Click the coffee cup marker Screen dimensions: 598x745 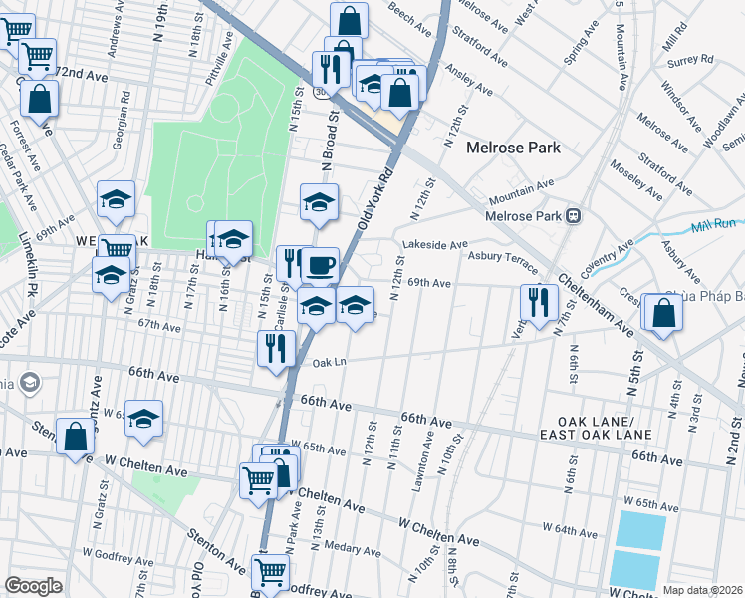click(x=320, y=266)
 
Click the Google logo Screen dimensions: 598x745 click(x=34, y=586)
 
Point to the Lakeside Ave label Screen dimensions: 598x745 click(x=434, y=244)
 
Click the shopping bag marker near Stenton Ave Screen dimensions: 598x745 click(x=76, y=436)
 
